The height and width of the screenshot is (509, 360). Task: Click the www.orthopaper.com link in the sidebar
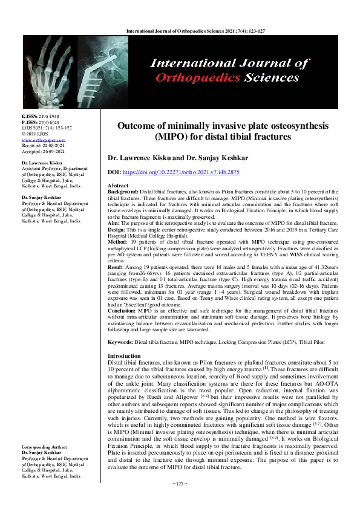(x=39, y=139)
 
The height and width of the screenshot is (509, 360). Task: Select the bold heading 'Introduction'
(x=125, y=356)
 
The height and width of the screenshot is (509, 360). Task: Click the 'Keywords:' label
(x=120, y=342)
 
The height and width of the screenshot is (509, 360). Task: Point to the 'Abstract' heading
(x=117, y=186)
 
